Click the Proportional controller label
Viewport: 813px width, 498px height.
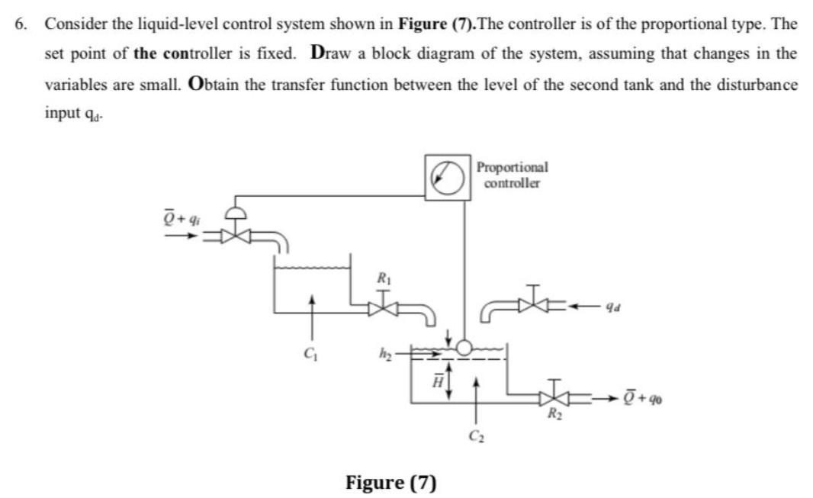tap(512, 175)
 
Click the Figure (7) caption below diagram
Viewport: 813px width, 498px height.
tap(391, 482)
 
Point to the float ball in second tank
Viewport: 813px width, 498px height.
tap(463, 348)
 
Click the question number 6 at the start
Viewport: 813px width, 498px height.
tap(20, 24)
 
